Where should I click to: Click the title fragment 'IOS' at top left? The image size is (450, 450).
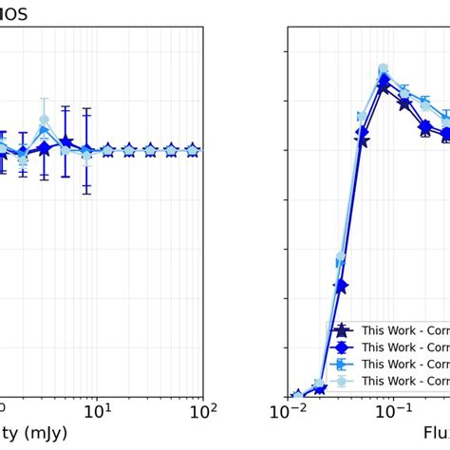coord(15,12)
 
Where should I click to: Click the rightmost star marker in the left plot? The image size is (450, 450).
coord(193,150)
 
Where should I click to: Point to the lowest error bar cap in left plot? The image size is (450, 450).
coord(86,194)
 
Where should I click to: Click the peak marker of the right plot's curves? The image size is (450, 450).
coord(384,69)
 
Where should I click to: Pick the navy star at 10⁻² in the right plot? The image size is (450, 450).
coord(297,395)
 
